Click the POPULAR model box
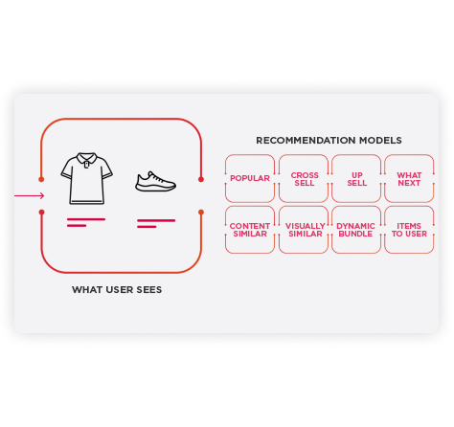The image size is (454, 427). [250, 178]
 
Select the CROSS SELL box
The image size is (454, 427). [304, 179]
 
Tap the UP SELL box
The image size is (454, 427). [356, 179]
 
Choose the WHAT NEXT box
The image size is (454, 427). [409, 179]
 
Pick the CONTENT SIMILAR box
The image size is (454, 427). [250, 230]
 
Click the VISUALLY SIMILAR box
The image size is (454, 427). [304, 230]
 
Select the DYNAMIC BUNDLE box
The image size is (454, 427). [356, 230]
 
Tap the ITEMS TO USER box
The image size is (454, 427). [409, 230]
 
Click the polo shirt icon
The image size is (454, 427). [86, 178]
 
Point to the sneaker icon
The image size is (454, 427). [155, 182]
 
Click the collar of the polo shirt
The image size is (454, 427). [86, 159]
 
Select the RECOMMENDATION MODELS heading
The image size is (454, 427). [329, 141]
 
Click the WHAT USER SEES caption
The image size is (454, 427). [117, 290]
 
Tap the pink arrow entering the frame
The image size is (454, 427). [29, 195]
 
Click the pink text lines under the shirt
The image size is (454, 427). [86, 222]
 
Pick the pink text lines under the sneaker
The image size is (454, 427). [156, 223]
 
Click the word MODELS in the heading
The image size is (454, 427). [380, 141]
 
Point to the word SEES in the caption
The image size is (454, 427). [149, 290]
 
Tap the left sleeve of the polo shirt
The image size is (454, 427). [67, 169]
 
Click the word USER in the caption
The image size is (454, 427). [120, 290]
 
